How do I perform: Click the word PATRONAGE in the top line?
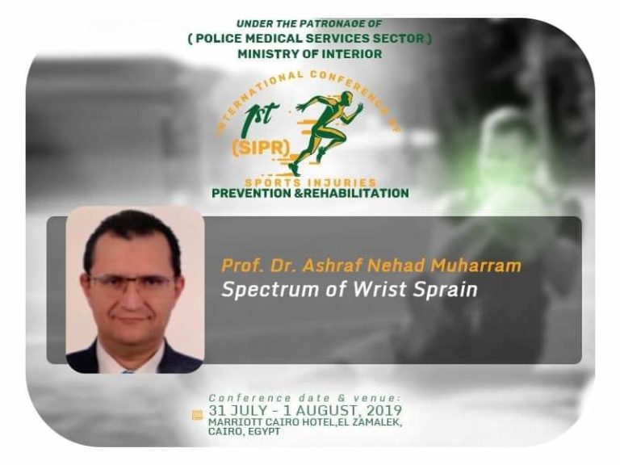click(x=324, y=23)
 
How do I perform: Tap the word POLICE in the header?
click(x=218, y=39)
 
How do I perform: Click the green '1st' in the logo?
click(x=262, y=115)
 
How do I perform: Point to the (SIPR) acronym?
click(x=261, y=149)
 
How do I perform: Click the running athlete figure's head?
click(x=347, y=96)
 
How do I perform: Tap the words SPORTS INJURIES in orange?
click(x=310, y=182)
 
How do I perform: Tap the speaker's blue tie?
click(x=128, y=371)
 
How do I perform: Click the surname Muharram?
click(x=475, y=266)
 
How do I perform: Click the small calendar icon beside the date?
click(x=197, y=415)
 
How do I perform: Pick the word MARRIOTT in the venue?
click(x=231, y=422)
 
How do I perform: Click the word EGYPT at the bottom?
click(x=265, y=431)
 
